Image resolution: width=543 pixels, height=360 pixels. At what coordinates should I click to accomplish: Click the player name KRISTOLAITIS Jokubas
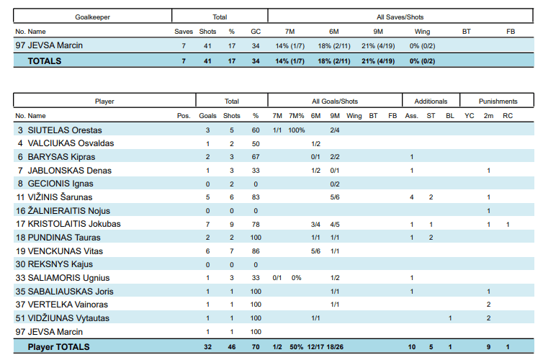click(x=74, y=224)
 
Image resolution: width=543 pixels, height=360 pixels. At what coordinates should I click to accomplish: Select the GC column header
click(x=256, y=32)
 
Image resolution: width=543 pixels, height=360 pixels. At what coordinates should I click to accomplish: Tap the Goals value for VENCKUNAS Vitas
click(x=208, y=251)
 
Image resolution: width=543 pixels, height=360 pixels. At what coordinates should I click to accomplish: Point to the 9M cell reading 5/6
click(x=335, y=197)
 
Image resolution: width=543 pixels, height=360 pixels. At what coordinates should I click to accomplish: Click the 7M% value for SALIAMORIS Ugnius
click(x=297, y=278)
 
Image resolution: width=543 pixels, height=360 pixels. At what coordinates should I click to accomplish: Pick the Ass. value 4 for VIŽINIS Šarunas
click(x=412, y=197)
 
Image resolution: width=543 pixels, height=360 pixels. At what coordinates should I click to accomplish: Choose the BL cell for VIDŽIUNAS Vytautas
click(x=450, y=318)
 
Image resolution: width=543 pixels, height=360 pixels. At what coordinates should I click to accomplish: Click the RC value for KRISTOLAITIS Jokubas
click(x=508, y=225)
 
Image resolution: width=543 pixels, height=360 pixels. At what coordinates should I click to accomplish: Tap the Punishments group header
click(x=498, y=102)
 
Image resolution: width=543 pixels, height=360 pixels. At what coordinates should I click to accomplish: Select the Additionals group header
click(x=431, y=102)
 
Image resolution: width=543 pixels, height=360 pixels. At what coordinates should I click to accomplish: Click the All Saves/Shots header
click(x=400, y=17)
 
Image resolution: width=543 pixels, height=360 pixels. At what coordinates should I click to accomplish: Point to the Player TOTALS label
click(x=58, y=347)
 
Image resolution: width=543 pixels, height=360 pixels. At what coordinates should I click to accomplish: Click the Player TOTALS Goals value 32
click(x=208, y=347)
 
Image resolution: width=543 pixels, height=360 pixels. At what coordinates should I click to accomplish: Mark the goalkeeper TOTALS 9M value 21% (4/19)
click(x=378, y=61)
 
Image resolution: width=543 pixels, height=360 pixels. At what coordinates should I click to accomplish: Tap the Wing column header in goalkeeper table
click(x=422, y=32)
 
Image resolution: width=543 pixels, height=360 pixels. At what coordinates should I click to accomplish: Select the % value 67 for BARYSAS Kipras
click(x=256, y=157)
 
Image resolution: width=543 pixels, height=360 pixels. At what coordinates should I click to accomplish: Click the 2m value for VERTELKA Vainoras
click(x=489, y=305)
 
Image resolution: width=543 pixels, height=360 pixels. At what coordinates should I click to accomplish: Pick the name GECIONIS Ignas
click(x=60, y=184)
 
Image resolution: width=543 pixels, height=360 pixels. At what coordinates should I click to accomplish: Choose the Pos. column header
click(x=184, y=116)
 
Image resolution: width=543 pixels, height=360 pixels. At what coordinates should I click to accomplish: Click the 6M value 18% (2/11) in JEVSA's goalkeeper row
click(x=334, y=46)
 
